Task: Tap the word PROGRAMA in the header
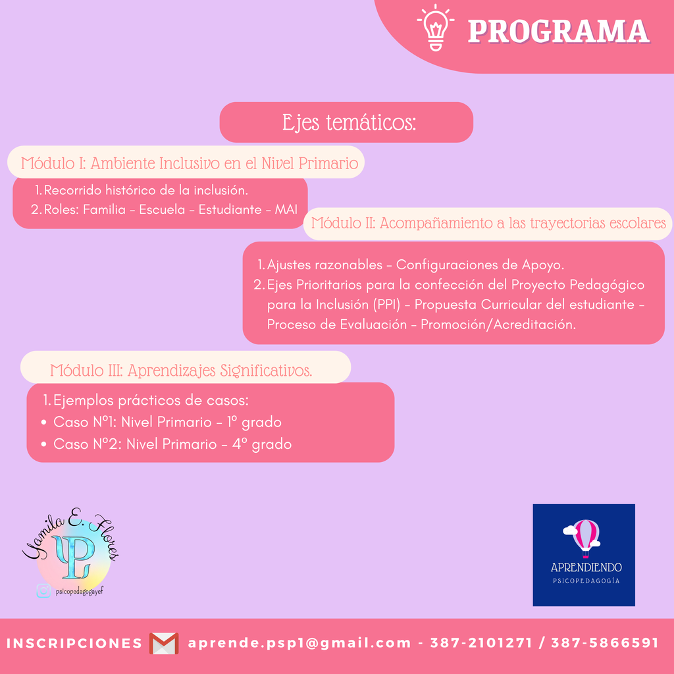558,32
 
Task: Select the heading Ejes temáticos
349,122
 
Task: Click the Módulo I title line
190,163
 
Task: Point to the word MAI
286,209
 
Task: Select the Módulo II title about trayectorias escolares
488,223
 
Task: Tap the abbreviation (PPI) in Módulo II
386,304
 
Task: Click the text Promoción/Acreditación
498,324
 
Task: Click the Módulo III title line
181,370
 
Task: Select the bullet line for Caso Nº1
162,422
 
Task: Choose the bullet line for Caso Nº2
167,444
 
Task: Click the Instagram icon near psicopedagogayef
43,591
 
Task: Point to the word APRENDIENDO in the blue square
586,567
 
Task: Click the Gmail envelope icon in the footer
164,644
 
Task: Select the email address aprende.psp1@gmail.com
299,644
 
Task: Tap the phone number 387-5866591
605,643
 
